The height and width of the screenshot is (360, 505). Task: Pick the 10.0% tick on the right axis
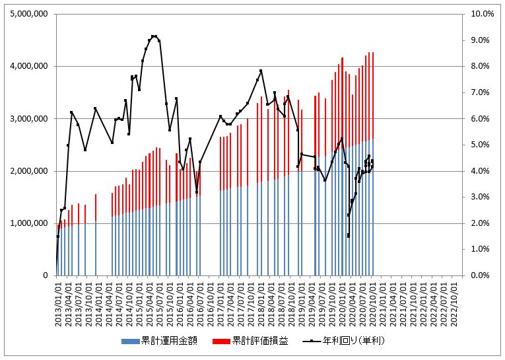[481, 14]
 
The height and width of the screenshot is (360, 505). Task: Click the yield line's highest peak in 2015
[154, 36]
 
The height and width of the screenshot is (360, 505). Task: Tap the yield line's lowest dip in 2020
[348, 236]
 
